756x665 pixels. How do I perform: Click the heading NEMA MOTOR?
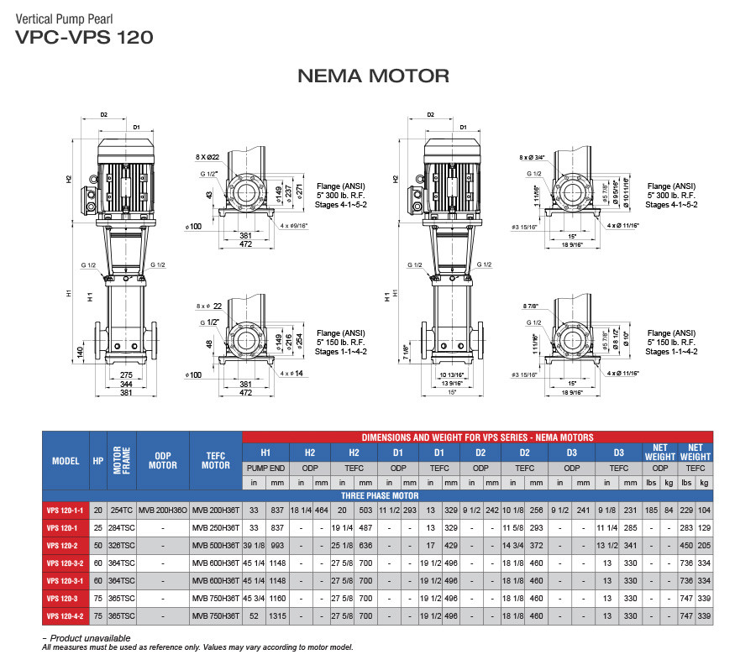click(x=373, y=76)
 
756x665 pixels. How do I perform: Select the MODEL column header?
click(x=65, y=460)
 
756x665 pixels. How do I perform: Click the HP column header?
click(x=98, y=460)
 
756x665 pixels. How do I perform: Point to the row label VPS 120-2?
click(x=65, y=545)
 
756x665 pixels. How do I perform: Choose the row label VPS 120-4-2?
click(x=65, y=617)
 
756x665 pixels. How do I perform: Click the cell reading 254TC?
click(x=123, y=510)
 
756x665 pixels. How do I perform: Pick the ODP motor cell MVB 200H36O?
click(x=163, y=510)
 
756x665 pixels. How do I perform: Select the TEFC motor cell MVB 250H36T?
click(x=216, y=527)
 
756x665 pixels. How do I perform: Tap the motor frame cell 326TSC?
click(x=123, y=545)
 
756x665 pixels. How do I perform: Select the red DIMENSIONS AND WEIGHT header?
click(x=477, y=437)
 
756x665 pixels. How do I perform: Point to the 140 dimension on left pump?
click(x=79, y=351)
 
